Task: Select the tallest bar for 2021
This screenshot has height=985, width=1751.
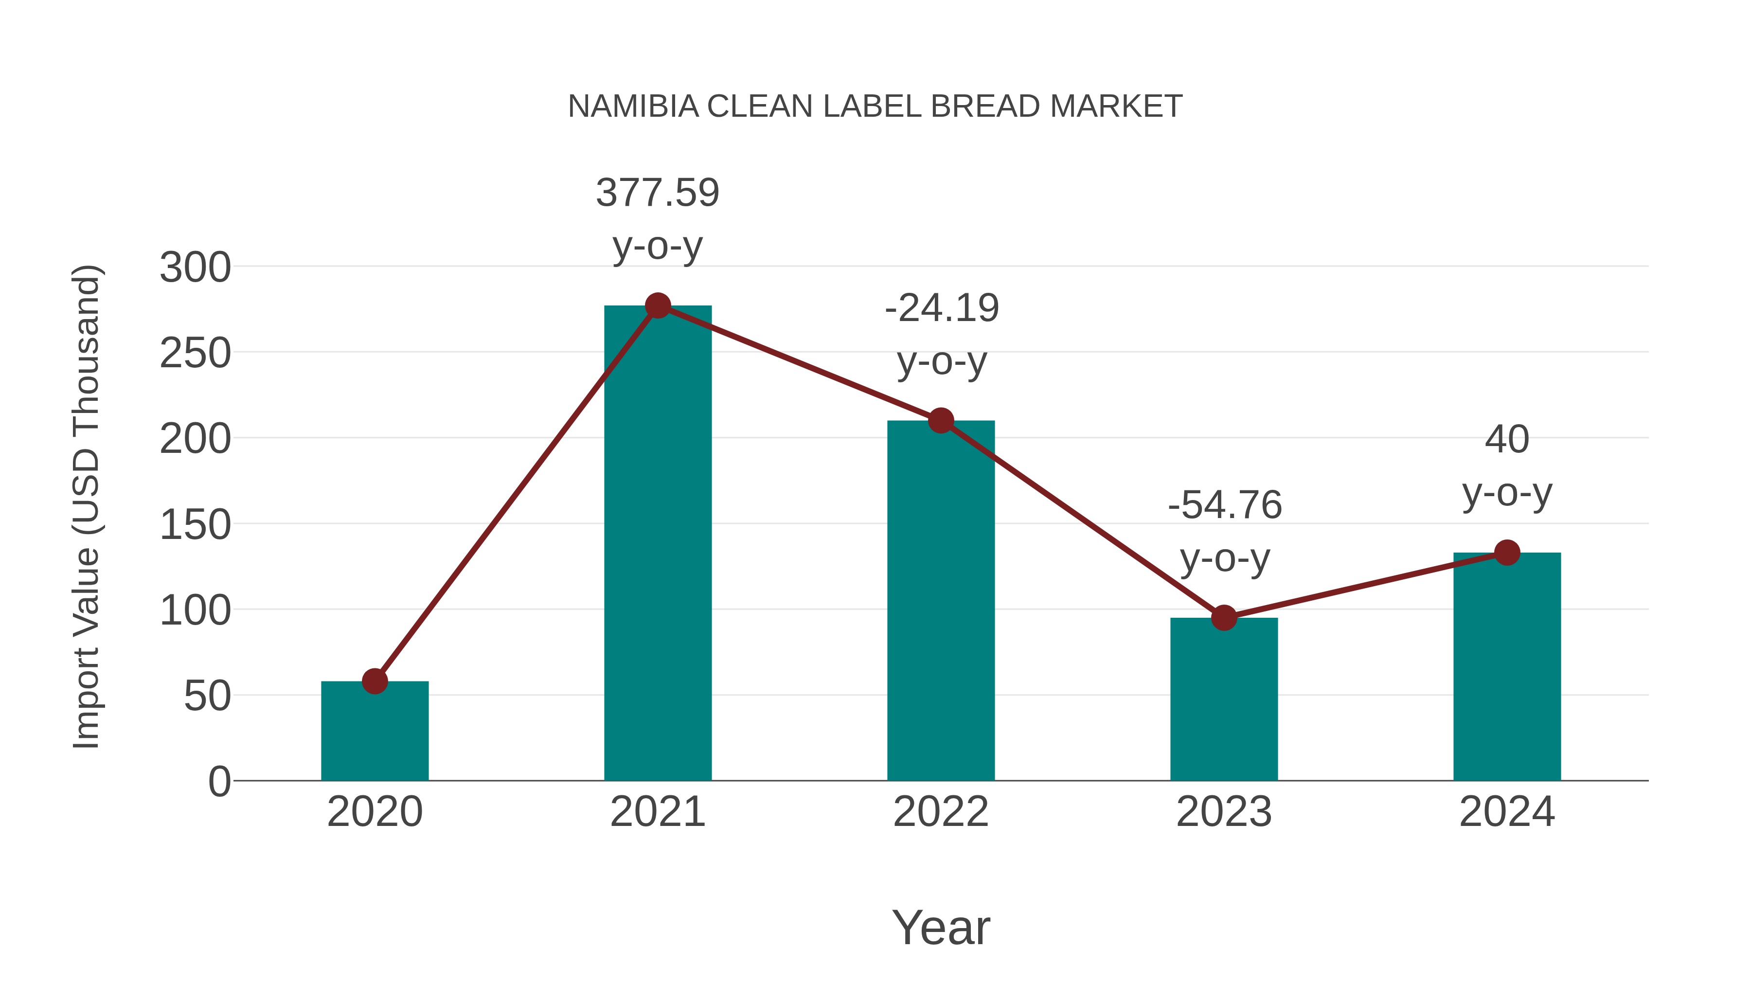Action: point(657,544)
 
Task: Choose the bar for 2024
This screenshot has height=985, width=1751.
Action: point(1507,666)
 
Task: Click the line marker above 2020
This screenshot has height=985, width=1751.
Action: point(375,681)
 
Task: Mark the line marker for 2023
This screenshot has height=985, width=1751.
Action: point(1224,618)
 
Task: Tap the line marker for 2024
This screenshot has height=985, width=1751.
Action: point(1507,553)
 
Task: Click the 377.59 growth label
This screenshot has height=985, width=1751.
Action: point(657,193)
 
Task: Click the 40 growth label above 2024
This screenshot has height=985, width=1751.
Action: point(1507,440)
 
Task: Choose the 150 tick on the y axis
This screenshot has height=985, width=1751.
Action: point(195,525)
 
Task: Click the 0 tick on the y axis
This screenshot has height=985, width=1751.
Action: point(219,782)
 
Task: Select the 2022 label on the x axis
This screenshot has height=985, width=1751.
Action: point(941,812)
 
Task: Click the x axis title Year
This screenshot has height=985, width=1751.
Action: point(941,928)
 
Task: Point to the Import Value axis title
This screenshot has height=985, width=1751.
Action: point(87,506)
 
